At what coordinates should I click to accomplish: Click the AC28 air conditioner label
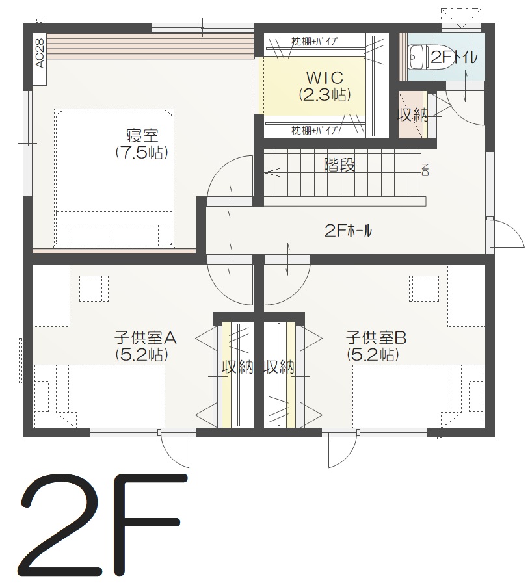[40, 53]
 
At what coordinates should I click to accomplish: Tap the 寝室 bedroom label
[142, 135]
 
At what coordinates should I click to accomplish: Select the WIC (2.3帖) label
[325, 86]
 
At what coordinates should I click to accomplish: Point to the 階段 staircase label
[339, 164]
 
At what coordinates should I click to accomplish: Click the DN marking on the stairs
[425, 170]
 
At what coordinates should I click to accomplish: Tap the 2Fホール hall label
[348, 231]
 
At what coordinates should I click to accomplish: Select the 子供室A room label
[145, 338]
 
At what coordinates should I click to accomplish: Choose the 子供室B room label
[376, 338]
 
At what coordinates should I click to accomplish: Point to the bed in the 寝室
[114, 177]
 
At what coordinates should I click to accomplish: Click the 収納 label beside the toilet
[413, 115]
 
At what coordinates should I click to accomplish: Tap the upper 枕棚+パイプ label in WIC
[315, 41]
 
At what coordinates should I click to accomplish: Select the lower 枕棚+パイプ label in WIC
[315, 130]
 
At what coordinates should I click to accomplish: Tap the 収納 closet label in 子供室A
[238, 368]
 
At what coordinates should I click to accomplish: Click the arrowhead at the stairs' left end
[268, 172]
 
